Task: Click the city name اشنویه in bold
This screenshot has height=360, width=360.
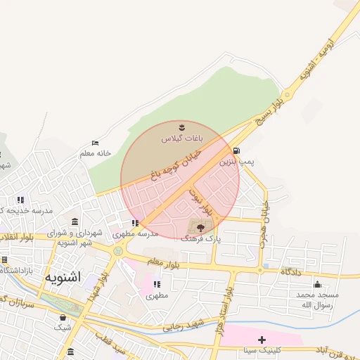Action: click(x=63, y=277)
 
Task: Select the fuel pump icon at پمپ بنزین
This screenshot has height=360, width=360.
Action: click(x=236, y=150)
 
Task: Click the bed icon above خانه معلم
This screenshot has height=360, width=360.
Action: click(x=96, y=143)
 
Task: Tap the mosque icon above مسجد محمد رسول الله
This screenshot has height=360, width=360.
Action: click(x=317, y=284)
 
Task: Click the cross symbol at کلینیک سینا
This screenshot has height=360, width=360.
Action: click(x=262, y=340)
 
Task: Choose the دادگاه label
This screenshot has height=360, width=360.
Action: click(x=291, y=271)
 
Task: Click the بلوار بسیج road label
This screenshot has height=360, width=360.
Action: click(x=270, y=112)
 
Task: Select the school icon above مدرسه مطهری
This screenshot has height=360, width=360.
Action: click(x=134, y=223)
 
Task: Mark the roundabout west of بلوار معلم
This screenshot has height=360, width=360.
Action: click(x=118, y=251)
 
